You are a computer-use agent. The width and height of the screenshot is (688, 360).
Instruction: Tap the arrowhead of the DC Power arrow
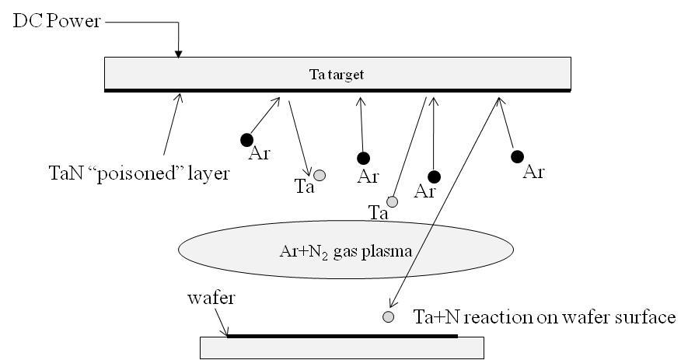coord(179,54)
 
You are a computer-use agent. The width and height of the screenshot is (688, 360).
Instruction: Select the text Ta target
coord(337,75)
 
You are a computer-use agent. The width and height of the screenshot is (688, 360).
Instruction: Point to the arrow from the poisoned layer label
coord(173,124)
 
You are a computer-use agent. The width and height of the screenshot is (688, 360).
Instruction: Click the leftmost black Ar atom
coord(246,140)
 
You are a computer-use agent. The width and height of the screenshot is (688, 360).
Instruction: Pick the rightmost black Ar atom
coord(517,156)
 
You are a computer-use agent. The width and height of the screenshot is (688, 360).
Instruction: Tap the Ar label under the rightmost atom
coord(533,172)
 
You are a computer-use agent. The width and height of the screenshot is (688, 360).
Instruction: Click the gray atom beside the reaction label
coord(388,316)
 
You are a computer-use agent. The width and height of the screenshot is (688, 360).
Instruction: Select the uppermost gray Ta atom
coord(320,175)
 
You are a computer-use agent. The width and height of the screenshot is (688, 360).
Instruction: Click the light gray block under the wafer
coord(342,348)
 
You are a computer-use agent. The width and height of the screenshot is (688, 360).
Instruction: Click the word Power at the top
coord(79,22)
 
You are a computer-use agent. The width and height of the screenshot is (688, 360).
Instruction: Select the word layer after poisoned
coord(210,173)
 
